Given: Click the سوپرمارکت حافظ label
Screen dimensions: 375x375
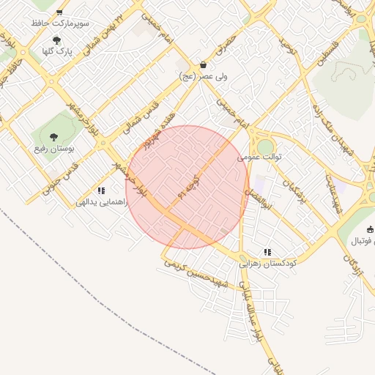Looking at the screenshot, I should pyautogui.click(x=60, y=23).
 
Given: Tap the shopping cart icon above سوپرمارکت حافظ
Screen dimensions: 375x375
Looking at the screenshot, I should pyautogui.click(x=59, y=12).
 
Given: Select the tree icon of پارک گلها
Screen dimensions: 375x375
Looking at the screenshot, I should pyautogui.click(x=57, y=41).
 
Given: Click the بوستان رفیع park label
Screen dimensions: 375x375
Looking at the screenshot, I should pyautogui.click(x=53, y=149).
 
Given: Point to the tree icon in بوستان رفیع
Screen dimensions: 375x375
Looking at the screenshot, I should pyautogui.click(x=53, y=136).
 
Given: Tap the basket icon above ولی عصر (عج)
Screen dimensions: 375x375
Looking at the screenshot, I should pyautogui.click(x=203, y=64).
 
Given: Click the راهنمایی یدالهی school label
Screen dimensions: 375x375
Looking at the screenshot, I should pyautogui.click(x=101, y=201).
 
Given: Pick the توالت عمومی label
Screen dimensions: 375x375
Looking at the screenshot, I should pyautogui.click(x=260, y=156).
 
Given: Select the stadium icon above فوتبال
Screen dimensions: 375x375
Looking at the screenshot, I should pyautogui.click(x=371, y=230).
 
